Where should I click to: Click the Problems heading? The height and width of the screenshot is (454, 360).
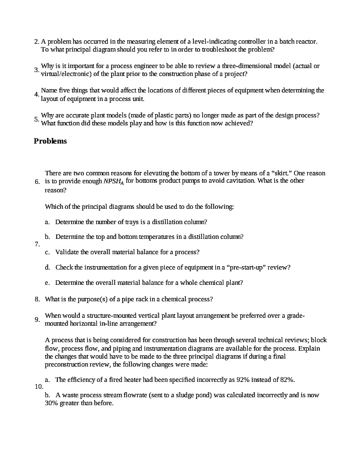coord(50,141)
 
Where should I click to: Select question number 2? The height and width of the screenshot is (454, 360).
coord(36,41)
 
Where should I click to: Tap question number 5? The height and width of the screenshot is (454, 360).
coord(36,119)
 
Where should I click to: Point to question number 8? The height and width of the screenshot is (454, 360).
coord(36,299)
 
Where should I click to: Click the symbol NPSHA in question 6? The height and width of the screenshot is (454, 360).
coord(112,182)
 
